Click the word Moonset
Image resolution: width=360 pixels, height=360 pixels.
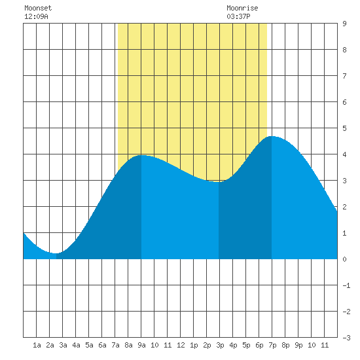pos(38,8)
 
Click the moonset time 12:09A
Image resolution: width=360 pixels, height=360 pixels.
pos(36,16)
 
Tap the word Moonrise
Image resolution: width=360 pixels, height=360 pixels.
pos(242,8)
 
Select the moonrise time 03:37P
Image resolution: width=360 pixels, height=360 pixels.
pos(238,16)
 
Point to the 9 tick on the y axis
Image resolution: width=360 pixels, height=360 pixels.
pos(344,24)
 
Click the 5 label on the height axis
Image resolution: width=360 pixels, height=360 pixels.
pos(344,128)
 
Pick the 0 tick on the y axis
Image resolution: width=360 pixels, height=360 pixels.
pos(344,259)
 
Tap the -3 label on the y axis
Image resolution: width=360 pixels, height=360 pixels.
pos(346,338)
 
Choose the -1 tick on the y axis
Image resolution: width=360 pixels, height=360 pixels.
pos(346,285)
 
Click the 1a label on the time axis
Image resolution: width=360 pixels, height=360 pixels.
pos(37,345)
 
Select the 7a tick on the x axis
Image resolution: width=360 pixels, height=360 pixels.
pos(115,345)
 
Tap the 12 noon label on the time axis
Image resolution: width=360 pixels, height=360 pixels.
pos(181,345)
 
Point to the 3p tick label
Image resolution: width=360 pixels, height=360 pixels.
pos(220,345)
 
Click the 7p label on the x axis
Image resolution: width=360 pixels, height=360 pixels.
pos(272,345)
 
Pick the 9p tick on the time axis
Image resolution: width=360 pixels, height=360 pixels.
pos(298,345)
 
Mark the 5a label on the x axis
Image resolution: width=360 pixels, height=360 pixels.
pos(89,345)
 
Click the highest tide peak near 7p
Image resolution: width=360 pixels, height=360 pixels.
pos(272,136)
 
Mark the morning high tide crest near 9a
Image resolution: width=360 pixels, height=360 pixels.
pos(141,155)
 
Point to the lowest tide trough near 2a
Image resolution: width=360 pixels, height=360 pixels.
pos(56,253)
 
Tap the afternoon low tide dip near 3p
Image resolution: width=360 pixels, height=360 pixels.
pos(219,182)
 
